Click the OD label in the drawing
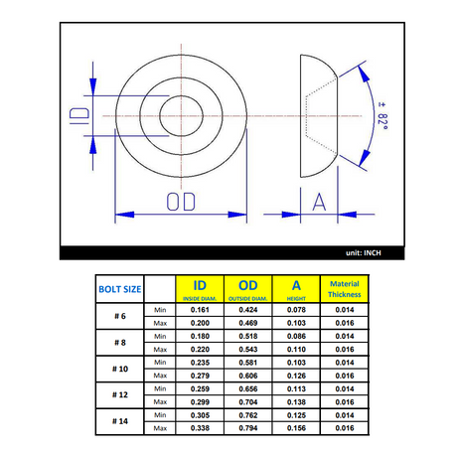point(181,202)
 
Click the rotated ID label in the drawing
point(79,116)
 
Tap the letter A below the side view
point(319,202)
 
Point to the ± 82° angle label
point(382,116)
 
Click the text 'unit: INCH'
point(364,253)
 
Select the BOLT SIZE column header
point(120,289)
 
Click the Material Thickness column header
point(345,289)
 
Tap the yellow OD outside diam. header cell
point(248,289)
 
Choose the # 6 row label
point(120,316)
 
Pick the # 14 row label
point(120,421)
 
